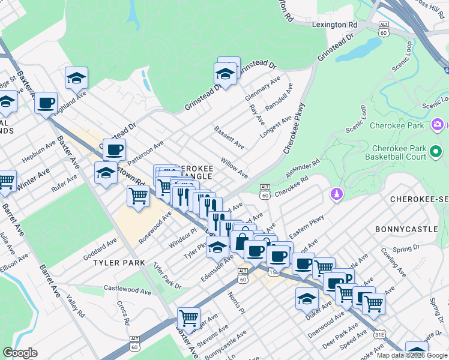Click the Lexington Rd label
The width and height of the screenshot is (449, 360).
coord(339,25)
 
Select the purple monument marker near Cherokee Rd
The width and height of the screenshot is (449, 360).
coord(336,193)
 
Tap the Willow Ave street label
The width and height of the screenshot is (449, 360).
coord(234,168)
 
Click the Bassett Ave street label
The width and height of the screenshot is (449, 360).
coord(229,137)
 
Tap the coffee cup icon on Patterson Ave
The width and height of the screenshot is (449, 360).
coord(114,149)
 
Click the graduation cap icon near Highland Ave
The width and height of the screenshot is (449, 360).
coord(77,77)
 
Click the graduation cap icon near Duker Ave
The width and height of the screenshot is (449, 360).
coord(307,298)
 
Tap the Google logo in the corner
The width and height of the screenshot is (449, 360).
coord(20,353)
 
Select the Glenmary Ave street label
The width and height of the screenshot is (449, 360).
coord(263,88)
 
